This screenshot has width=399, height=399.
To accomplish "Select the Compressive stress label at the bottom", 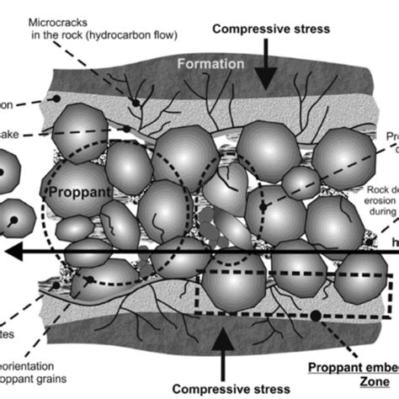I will [x=222, y=388].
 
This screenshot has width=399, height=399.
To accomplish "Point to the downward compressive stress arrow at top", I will [x=264, y=72].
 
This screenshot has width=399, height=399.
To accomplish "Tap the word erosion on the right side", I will [x=381, y=202].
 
